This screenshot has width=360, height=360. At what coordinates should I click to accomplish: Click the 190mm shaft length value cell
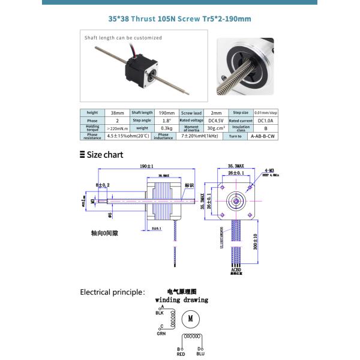(166, 113)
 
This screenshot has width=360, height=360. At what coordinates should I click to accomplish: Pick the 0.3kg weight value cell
(166, 128)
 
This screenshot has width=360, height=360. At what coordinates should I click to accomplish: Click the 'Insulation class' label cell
(241, 128)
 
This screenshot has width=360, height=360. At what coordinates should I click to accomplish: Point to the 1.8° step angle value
(166, 121)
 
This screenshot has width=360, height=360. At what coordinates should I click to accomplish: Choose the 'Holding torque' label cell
(92, 128)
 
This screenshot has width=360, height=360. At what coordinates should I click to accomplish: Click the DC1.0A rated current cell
(265, 121)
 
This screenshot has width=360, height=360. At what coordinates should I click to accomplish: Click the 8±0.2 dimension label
(102, 185)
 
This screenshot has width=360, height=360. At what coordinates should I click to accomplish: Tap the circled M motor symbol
(190, 319)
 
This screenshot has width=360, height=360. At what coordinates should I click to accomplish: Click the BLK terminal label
(160, 313)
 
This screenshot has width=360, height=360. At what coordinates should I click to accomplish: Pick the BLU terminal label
(200, 354)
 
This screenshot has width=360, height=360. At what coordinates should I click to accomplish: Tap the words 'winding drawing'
(181, 299)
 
